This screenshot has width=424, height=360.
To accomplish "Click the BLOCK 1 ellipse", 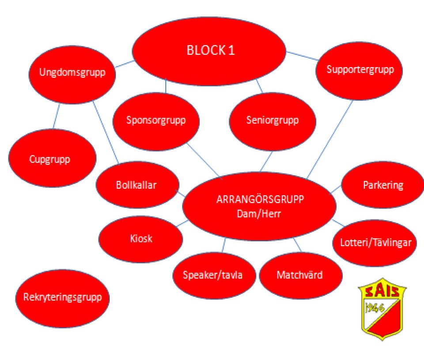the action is [x=209, y=51].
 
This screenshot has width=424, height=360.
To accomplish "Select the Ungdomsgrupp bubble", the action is [x=72, y=74].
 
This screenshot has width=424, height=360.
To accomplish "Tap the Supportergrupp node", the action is [x=359, y=71].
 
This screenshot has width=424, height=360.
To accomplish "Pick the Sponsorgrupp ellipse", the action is [x=156, y=121].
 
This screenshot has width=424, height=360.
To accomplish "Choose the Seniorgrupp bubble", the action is [x=273, y=121].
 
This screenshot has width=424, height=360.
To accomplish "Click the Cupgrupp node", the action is [x=52, y=158].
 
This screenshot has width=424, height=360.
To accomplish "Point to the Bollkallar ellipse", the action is [x=137, y=185].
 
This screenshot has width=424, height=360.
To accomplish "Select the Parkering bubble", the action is [x=382, y=185].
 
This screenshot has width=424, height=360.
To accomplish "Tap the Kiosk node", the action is [x=140, y=239].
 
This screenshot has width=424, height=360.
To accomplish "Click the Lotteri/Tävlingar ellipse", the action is [x=375, y=243].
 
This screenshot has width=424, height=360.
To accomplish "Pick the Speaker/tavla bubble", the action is [x=214, y=275].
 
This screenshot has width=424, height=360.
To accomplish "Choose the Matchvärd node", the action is [x=301, y=275].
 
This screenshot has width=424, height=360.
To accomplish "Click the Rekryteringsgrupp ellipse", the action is [x=62, y=298].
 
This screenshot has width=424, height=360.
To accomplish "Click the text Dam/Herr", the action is [x=259, y=214].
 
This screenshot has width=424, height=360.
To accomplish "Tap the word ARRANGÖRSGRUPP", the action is [x=260, y=199].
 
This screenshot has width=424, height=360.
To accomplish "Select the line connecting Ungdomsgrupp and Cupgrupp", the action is [x=56, y=116].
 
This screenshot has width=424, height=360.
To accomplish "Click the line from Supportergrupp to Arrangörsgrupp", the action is [x=330, y=139].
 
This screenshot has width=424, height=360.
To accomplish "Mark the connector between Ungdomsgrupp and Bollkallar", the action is [x=106, y=133].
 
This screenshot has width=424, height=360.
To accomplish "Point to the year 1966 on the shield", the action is [x=375, y=308].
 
